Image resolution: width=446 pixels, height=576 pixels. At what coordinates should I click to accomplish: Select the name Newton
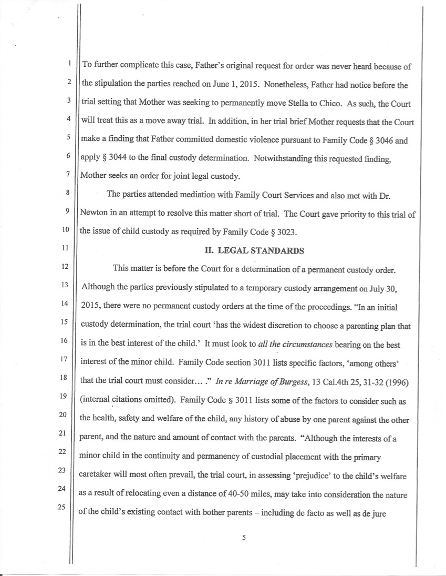click(94, 214)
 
